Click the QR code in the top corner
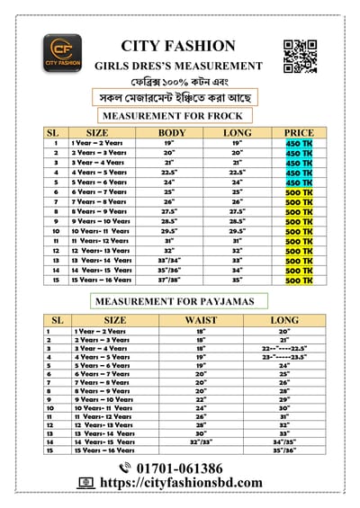(x=299, y=56)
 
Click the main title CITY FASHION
(x=178, y=46)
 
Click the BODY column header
(x=172, y=133)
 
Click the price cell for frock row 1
(x=299, y=143)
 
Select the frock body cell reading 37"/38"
(x=170, y=280)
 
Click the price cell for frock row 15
(x=299, y=280)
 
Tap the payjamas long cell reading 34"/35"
(x=284, y=441)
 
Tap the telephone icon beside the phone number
(x=125, y=468)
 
